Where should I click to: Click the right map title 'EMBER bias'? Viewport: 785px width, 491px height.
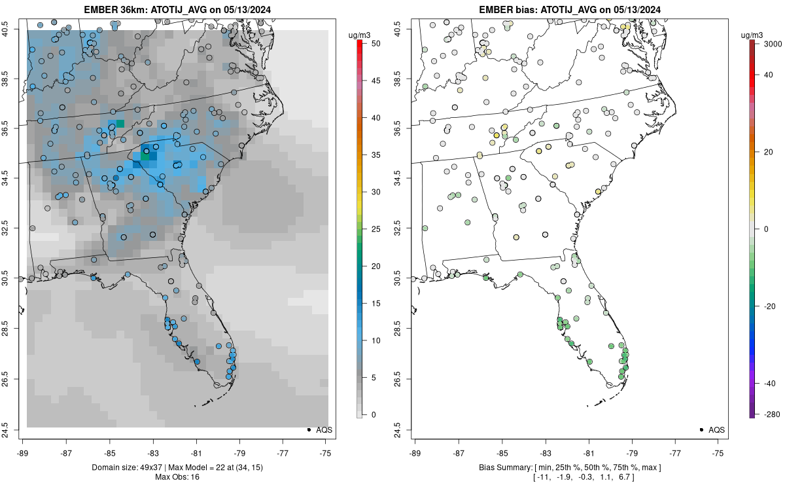click(507, 10)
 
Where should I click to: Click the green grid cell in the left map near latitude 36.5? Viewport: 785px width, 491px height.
click(120, 124)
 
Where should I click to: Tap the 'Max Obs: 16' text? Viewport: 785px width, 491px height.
click(177, 477)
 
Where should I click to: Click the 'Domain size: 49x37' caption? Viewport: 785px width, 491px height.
click(114, 467)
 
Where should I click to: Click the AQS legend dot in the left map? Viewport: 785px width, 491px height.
click(308, 429)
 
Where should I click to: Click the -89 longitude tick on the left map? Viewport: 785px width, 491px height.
click(23, 452)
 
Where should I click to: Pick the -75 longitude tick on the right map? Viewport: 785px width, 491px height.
click(718, 452)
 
